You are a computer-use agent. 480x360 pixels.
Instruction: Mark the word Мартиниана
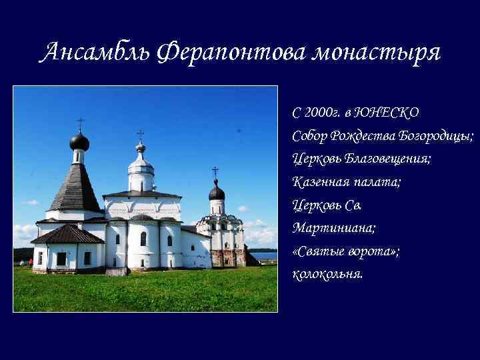(x=333, y=227)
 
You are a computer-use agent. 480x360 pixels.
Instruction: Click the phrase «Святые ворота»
(x=346, y=250)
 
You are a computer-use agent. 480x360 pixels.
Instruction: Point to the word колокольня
(x=328, y=273)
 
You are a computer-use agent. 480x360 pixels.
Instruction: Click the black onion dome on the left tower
(x=79, y=141)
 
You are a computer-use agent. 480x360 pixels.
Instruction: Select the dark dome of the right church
(x=217, y=193)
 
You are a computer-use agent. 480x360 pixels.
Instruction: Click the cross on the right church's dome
(x=215, y=173)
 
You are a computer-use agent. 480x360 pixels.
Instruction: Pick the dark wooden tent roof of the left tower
(x=75, y=190)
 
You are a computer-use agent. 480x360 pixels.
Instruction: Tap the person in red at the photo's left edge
(x=31, y=262)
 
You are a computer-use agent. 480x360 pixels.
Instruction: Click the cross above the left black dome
(x=80, y=124)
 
